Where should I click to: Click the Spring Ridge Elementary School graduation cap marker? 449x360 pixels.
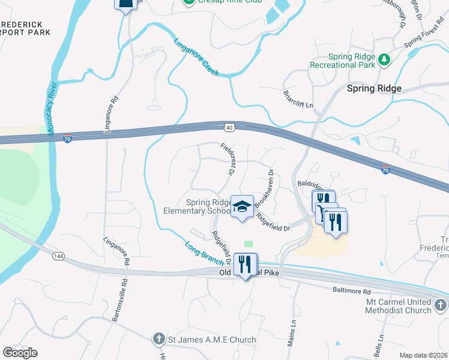pos(242,207)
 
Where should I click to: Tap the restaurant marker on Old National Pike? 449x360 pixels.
pos(245,264)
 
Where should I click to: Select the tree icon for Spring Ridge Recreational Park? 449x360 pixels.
pos(383,59)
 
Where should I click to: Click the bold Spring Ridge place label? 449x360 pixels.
pos(374,88)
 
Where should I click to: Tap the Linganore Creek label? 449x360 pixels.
pos(196,58)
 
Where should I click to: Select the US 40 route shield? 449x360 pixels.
pos(231,127)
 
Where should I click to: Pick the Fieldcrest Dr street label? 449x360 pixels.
pos(227,159)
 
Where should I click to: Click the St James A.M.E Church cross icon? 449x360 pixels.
pos(159,340)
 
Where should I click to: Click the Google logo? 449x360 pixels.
pos(20,353)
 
